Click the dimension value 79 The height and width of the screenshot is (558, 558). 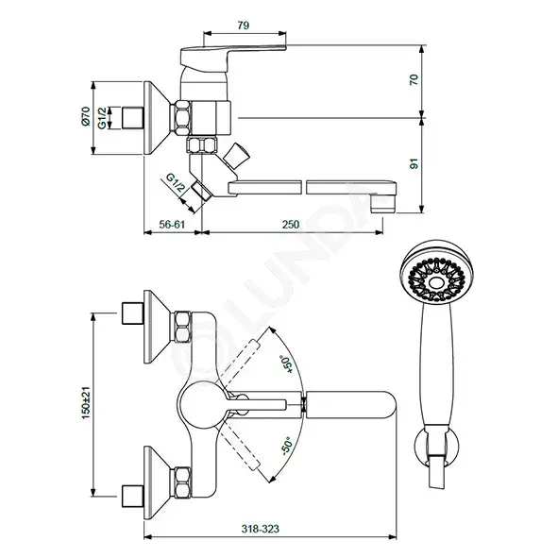click(x=243, y=25)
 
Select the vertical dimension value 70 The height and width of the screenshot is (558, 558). click(x=414, y=79)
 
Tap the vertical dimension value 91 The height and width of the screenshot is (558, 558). click(x=414, y=163)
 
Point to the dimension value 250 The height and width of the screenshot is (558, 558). click(x=291, y=225)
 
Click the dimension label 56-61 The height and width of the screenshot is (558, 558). click(x=172, y=225)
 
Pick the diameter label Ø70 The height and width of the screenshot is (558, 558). click(x=86, y=116)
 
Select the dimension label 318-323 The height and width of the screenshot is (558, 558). click(x=261, y=529)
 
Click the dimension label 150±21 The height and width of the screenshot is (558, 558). click(x=86, y=403)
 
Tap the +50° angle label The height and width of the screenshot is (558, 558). click(x=286, y=364)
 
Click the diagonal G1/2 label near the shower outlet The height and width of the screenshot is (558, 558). click(x=177, y=182)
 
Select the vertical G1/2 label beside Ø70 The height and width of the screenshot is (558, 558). click(x=102, y=118)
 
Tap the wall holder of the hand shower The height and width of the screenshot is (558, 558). click(x=436, y=447)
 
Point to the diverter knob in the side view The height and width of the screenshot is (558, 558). click(x=236, y=156)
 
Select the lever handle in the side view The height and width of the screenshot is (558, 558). click(x=233, y=54)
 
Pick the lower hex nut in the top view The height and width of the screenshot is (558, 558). click(x=182, y=482)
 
